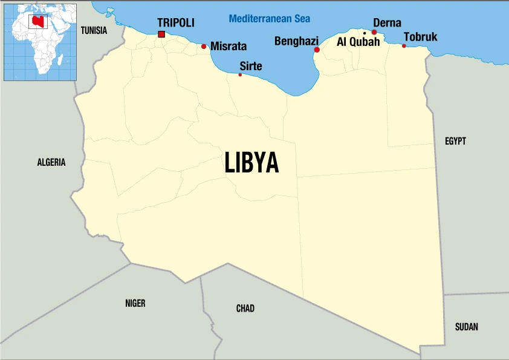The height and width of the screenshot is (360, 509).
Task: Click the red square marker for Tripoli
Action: [x=161, y=34]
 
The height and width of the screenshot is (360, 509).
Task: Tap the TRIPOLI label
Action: [x=176, y=22]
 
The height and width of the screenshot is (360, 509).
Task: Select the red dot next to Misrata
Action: [x=204, y=46]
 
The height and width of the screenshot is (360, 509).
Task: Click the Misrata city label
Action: [x=229, y=46]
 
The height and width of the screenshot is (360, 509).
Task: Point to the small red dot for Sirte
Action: [x=240, y=74]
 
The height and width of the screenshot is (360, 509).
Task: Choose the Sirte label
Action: [x=251, y=65]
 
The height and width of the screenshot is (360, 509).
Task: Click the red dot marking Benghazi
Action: [x=317, y=50]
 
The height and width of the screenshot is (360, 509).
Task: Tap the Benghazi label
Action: [x=296, y=41]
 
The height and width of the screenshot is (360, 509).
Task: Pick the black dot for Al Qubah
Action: [x=365, y=33]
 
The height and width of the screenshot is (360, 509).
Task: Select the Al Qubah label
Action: [x=359, y=42]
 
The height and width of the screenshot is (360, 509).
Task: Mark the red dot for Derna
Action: [x=374, y=32]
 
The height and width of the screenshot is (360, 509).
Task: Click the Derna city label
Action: [x=387, y=23]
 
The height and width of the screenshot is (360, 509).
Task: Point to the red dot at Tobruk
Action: [x=404, y=46]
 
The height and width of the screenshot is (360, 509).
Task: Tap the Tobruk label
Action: [x=420, y=38]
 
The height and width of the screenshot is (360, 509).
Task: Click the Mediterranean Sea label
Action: [x=269, y=18]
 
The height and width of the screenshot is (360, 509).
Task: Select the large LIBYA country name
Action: [x=251, y=162]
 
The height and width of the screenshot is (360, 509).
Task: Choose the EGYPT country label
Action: [x=455, y=141]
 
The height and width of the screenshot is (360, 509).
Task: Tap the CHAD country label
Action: [x=245, y=309]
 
